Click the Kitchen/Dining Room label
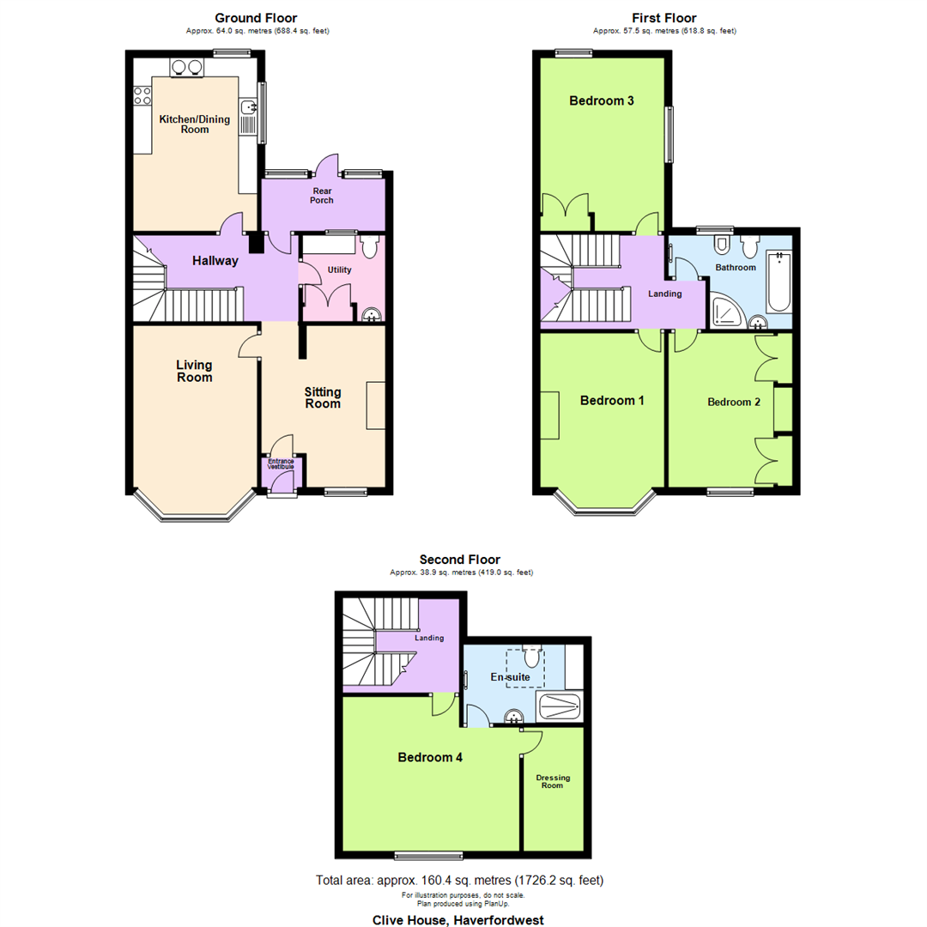pos(195,124)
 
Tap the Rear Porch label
pos(322,196)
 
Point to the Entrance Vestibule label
pos(281,464)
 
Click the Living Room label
pos(194,371)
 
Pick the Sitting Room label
pos(323,398)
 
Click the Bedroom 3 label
pos(602,101)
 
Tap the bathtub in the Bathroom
pos(779,281)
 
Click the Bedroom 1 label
pos(612,401)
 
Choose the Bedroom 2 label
pos(733,402)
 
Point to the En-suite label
pos(510,678)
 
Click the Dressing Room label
pos(553,781)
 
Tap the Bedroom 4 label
pos(430,758)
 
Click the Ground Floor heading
pos(257,17)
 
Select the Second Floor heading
pos(459,560)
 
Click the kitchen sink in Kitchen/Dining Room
pos(248,108)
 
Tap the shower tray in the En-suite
pos(560,707)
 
